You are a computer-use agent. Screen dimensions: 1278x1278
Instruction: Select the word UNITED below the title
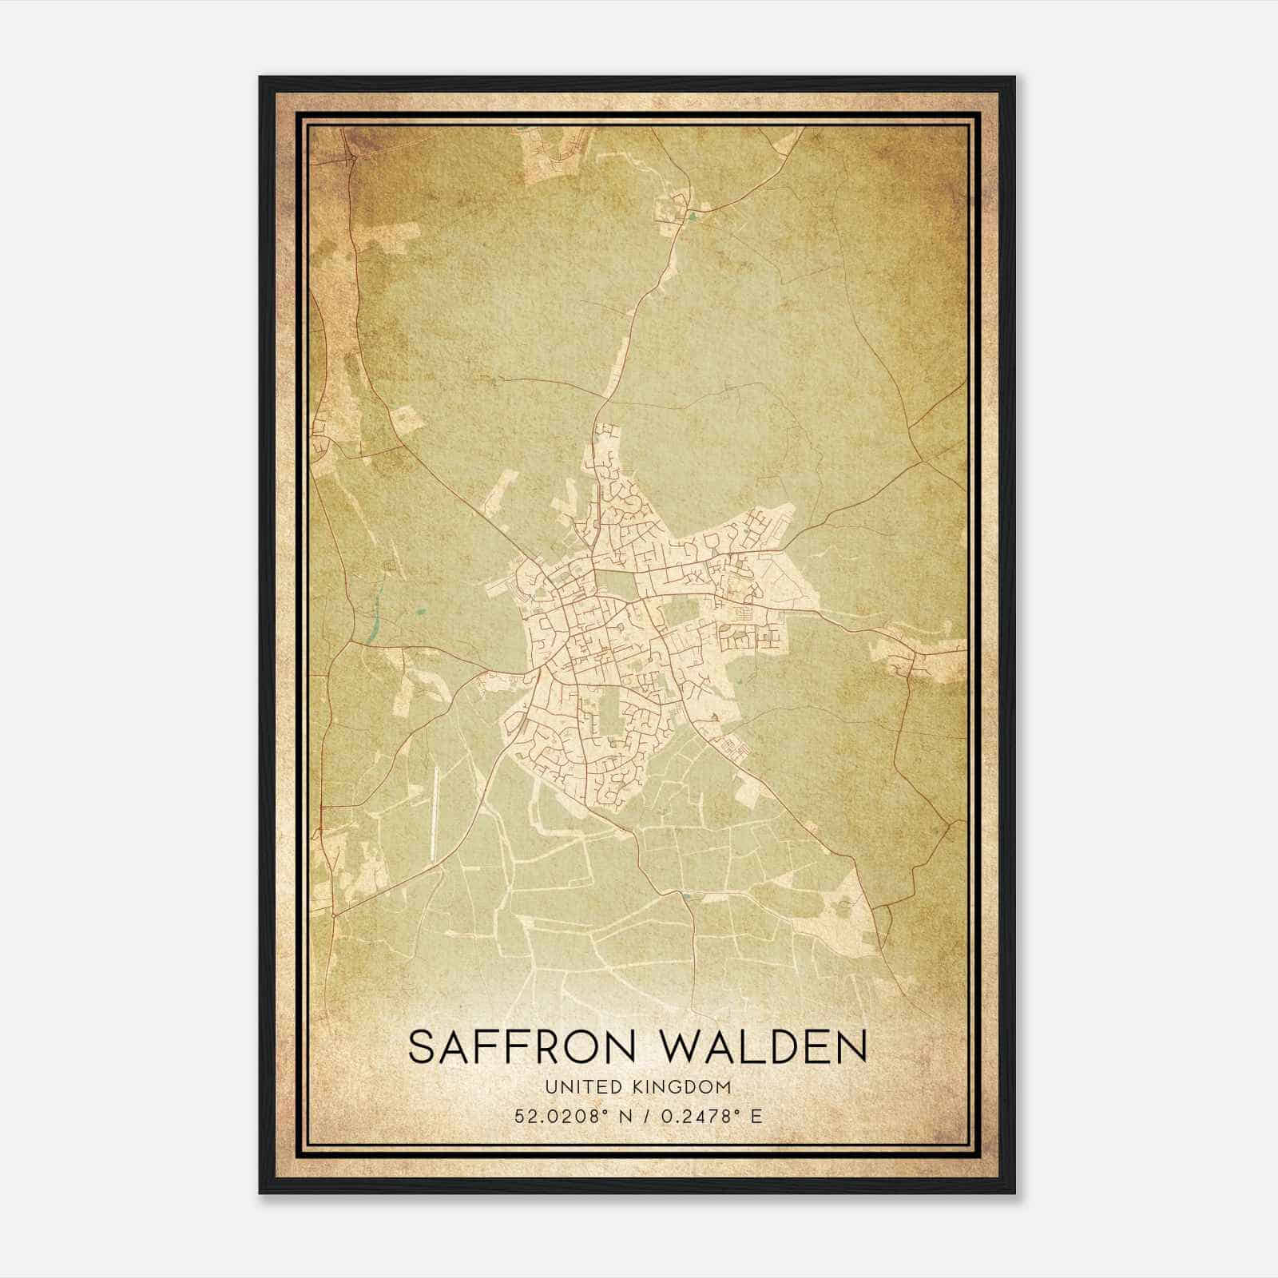(x=573, y=1087)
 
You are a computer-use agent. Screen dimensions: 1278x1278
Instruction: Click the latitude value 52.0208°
(x=556, y=1116)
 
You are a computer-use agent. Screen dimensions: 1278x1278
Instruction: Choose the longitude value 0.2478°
(x=694, y=1116)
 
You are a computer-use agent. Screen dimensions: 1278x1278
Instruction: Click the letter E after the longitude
(x=756, y=1116)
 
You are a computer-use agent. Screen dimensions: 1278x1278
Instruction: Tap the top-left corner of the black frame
(x=260, y=77)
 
